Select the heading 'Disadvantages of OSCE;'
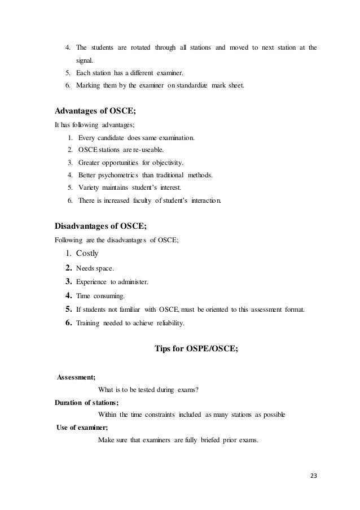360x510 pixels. [x=101, y=226]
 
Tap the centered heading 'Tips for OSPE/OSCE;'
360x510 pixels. [x=196, y=348]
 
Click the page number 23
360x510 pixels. [x=314, y=475]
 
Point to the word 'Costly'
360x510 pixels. [x=87, y=254]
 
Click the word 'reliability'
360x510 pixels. [x=170, y=324]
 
